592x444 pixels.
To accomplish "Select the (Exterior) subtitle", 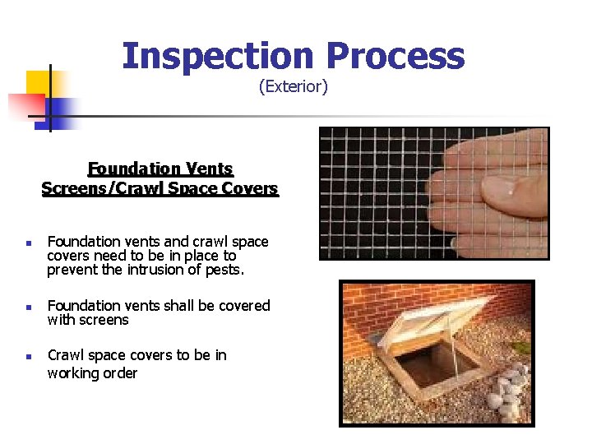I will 294,86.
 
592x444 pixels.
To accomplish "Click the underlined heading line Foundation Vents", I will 160,169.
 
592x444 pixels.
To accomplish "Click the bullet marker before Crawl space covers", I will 27,357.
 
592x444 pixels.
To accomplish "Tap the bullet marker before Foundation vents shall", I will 27,308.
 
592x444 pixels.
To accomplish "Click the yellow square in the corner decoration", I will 39,84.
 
